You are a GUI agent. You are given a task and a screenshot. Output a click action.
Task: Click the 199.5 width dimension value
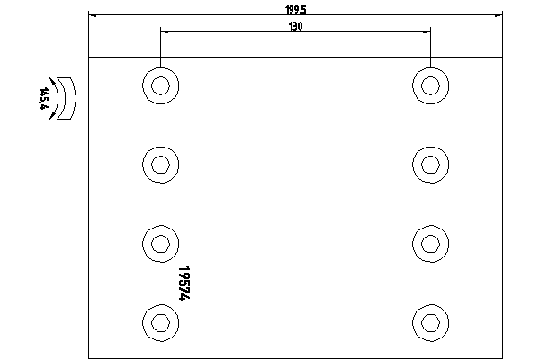click(296, 10)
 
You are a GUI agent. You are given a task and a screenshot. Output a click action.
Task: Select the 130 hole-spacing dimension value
click(296, 26)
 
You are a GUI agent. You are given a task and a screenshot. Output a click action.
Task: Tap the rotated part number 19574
click(184, 283)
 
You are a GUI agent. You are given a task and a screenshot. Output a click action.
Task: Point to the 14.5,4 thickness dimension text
click(44, 98)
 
